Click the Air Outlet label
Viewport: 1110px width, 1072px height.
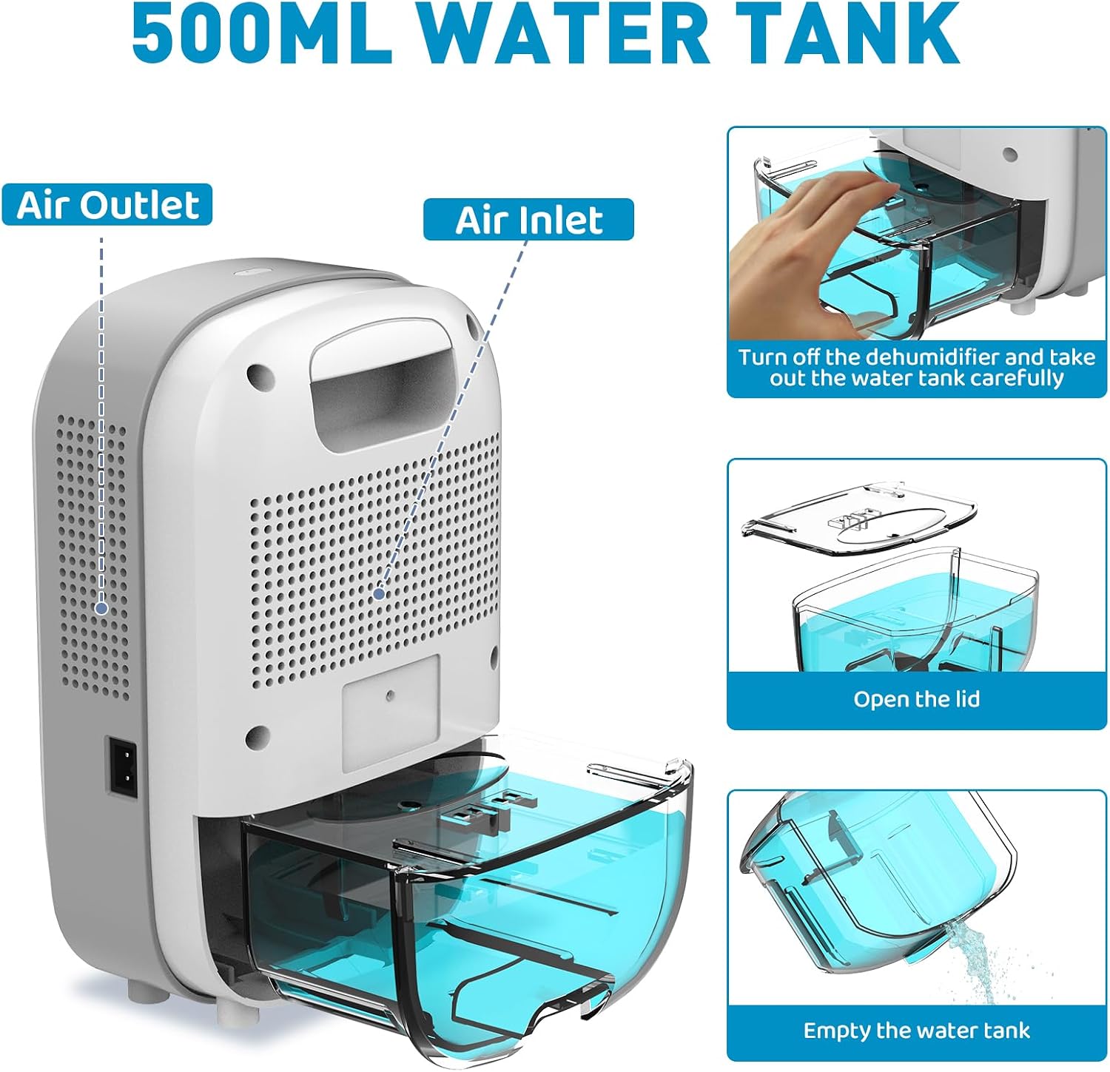pos(107,205)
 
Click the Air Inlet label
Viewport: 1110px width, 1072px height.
pos(528,220)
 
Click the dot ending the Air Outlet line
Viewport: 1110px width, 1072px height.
pos(101,608)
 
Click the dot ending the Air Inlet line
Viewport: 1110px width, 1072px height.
pos(380,593)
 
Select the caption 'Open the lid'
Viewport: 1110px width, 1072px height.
pos(916,699)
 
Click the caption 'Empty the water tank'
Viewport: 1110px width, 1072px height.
pos(916,1031)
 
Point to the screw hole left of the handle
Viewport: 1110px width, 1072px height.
pos(257,374)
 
